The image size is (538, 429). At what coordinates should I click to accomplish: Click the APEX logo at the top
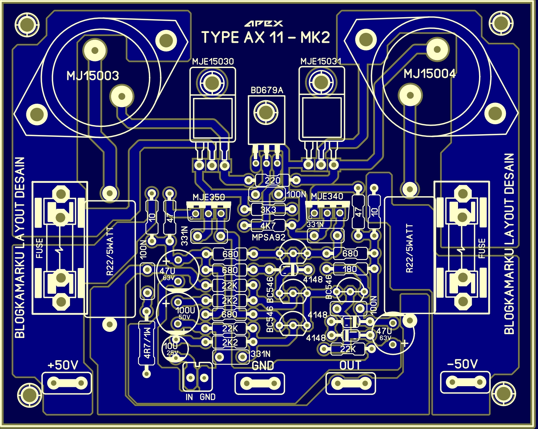point(264,23)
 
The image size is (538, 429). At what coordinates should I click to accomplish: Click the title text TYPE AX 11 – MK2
point(265,37)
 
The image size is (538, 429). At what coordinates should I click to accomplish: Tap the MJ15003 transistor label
point(93,76)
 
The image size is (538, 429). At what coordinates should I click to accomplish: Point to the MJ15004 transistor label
point(429,73)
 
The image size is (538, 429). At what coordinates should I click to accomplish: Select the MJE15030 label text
point(213,62)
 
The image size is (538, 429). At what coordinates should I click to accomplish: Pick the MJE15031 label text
point(321,61)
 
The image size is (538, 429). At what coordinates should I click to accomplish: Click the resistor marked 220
point(272,180)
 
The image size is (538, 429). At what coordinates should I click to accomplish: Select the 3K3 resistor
point(268,210)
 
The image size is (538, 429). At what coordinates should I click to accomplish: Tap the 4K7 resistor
point(268,226)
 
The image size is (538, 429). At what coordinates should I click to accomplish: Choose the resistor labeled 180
point(350,269)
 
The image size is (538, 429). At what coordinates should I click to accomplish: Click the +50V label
point(63,365)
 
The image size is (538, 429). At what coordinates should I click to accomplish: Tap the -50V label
point(462,364)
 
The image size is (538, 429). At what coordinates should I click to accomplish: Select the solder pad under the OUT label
point(350,383)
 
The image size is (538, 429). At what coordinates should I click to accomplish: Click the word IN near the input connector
point(189,397)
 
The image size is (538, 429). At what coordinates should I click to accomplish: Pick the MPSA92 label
point(269,237)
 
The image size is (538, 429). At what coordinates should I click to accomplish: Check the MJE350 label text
point(209,197)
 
